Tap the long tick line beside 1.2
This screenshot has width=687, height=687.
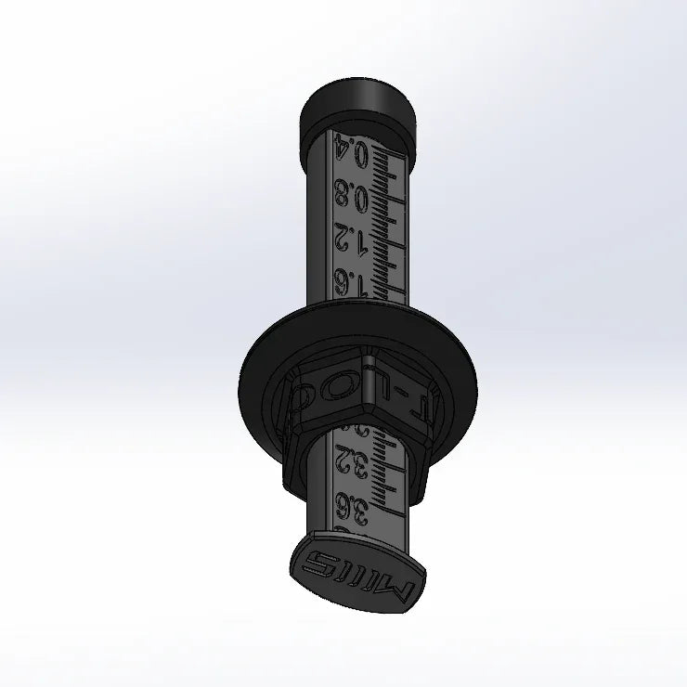pos(390,244)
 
